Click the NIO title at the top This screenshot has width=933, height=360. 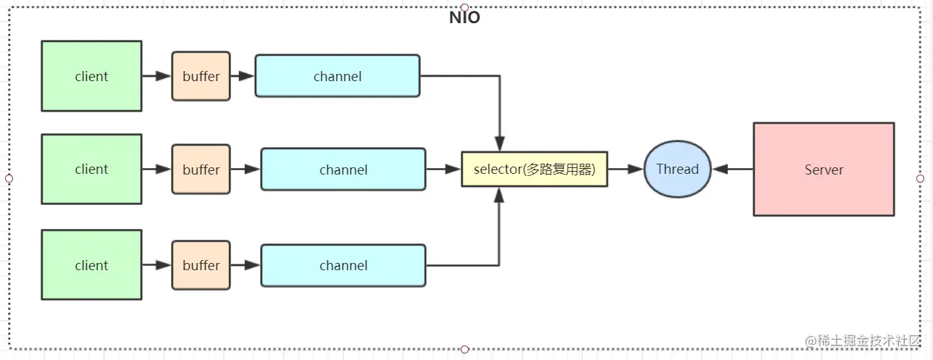pyautogui.click(x=464, y=18)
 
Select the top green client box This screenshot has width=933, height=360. pyautogui.click(x=91, y=76)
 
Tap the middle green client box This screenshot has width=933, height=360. pyautogui.click(x=91, y=169)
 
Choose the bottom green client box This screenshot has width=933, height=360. pyautogui.click(x=91, y=265)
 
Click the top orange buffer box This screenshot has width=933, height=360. pyautogui.click(x=201, y=76)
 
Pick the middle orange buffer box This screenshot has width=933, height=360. pyautogui.click(x=201, y=169)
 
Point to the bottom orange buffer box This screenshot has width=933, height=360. pyautogui.click(x=201, y=265)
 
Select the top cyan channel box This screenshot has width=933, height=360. pyautogui.click(x=337, y=76)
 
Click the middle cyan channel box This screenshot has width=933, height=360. pyautogui.click(x=343, y=169)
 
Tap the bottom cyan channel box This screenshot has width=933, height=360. pyautogui.click(x=343, y=265)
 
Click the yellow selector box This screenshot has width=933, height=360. pyautogui.click(x=534, y=169)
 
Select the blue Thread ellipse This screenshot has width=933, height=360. pyautogui.click(x=677, y=169)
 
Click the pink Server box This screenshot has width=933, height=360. pyautogui.click(x=824, y=169)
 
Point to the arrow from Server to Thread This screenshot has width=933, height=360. pyautogui.click(x=732, y=169)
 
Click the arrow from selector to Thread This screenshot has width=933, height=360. pyautogui.click(x=625, y=169)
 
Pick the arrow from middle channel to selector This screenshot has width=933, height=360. pyautogui.click(x=443, y=169)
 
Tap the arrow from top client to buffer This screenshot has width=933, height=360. pyautogui.click(x=156, y=76)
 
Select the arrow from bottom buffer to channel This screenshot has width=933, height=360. pyautogui.click(x=245, y=265)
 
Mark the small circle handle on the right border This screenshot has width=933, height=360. pyautogui.click(x=920, y=178)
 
